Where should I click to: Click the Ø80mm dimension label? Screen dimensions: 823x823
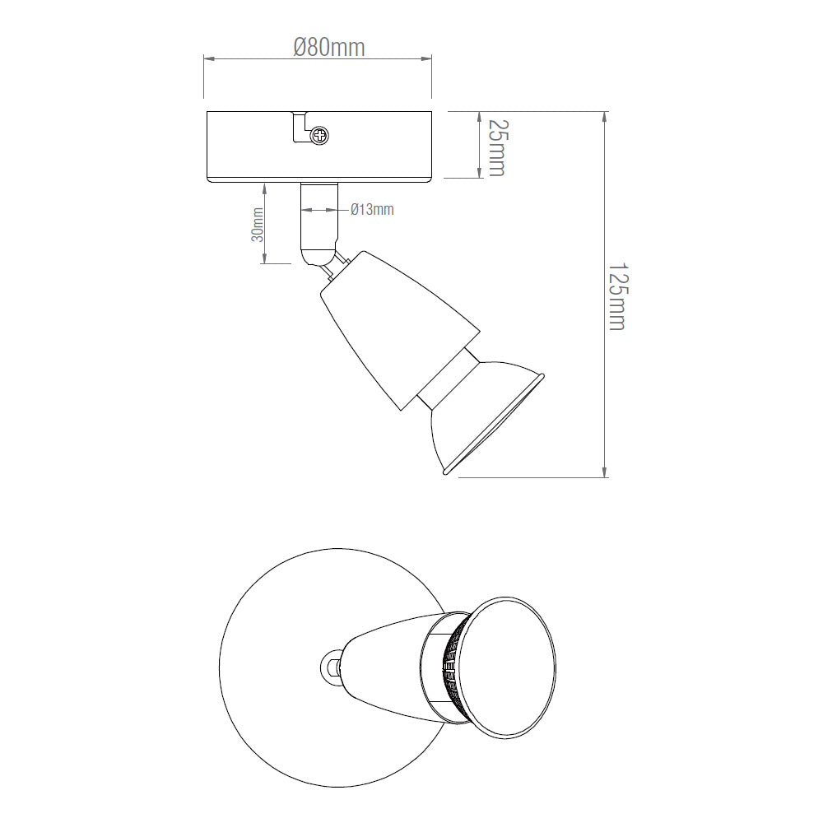click(x=328, y=47)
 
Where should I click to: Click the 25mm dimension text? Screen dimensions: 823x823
click(x=495, y=146)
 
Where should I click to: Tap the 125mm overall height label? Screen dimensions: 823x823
click(x=616, y=296)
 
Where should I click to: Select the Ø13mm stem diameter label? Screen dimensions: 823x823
click(x=372, y=210)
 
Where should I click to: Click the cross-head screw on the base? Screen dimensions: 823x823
click(x=320, y=134)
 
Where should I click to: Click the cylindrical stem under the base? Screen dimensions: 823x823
click(x=319, y=214)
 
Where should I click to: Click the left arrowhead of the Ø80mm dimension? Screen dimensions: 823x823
click(x=208, y=58)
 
